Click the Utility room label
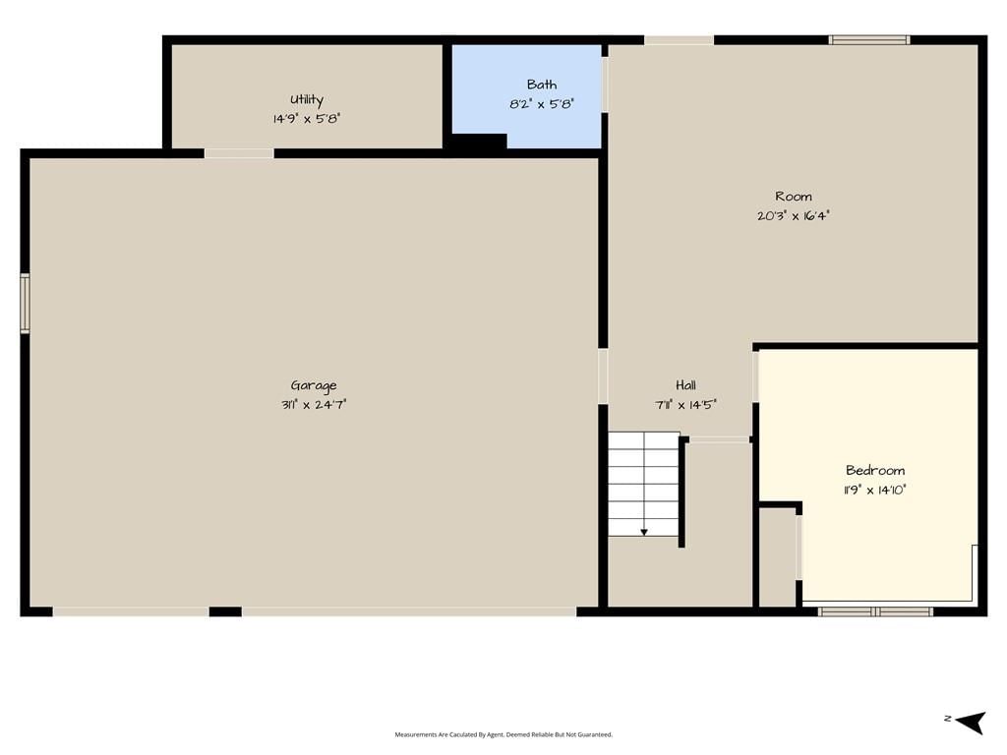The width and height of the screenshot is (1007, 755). point(307,99)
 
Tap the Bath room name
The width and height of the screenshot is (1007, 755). point(542,85)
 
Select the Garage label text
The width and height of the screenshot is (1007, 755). point(314,385)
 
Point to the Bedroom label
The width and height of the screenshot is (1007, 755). point(874,470)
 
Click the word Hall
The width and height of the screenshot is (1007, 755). point(685,385)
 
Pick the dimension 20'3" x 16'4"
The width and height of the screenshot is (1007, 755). point(794,215)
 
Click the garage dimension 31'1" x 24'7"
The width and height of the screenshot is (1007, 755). point(314,404)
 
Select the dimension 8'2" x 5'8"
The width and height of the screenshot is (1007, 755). point(542,103)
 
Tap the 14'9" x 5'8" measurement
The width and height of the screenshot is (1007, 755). point(307,119)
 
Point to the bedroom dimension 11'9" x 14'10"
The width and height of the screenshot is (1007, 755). point(874,490)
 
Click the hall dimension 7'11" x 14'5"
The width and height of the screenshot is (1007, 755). point(685,404)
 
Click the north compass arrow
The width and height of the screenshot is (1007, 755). point(971,723)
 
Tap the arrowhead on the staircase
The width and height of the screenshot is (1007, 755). point(644,532)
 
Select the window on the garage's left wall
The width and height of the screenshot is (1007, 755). point(25,303)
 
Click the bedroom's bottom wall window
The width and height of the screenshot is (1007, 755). point(875,611)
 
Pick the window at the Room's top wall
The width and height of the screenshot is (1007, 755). point(869,39)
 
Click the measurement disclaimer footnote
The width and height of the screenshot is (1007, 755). point(503,734)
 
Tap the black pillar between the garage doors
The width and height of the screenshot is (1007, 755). point(225,611)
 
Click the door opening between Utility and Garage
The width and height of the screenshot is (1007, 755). point(239,153)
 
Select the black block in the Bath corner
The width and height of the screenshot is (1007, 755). point(480,142)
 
